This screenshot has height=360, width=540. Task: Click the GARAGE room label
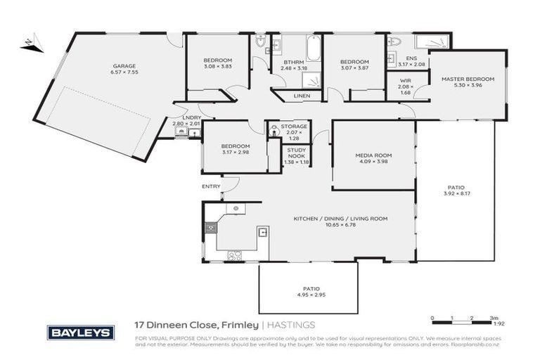click(123, 66)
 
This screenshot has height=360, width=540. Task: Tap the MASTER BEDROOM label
click(468, 79)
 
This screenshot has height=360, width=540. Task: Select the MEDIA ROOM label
click(373, 155)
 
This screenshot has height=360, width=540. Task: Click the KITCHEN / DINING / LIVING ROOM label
click(340, 219)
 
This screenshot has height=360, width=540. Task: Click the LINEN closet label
click(293, 96)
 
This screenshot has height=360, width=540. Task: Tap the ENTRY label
click(211, 186)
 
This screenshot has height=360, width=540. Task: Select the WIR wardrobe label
click(406, 81)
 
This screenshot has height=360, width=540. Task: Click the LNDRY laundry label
click(191, 118)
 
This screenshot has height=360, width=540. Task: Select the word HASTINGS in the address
click(291, 325)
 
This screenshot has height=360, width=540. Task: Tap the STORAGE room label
click(294, 127)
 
